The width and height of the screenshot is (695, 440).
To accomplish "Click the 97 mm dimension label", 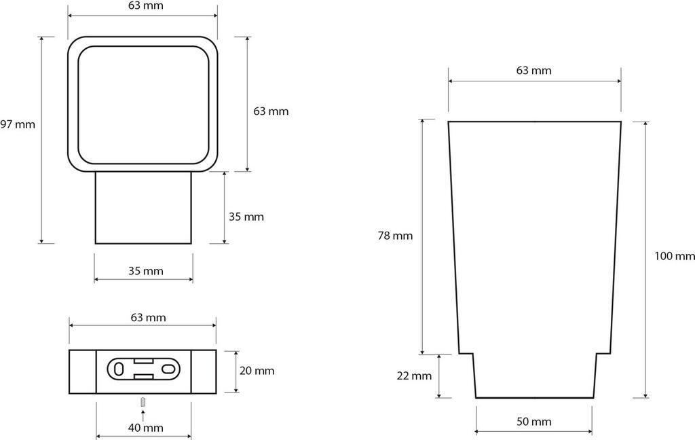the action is [x=17, y=125].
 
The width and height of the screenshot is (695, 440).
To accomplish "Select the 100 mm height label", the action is [x=675, y=256].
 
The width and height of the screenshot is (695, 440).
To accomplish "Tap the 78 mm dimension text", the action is [x=395, y=236].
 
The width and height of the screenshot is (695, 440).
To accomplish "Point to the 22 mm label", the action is [x=414, y=376].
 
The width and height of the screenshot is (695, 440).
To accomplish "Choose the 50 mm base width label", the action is [x=534, y=422].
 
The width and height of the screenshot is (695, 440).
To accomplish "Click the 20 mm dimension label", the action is [x=257, y=371].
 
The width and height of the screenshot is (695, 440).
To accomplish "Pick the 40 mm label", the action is [x=146, y=428].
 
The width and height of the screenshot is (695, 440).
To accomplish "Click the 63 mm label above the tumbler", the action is [x=533, y=71].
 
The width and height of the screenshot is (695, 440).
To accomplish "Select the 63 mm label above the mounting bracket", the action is [x=149, y=318].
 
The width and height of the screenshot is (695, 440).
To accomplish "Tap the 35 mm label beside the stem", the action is [x=246, y=217].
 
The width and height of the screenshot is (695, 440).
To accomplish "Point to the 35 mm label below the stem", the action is [x=146, y=271].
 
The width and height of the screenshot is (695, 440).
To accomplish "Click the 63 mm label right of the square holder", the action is [x=271, y=111].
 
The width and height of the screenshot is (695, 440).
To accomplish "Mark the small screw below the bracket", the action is [x=143, y=403].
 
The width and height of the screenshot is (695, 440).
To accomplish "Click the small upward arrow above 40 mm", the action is [x=143, y=416].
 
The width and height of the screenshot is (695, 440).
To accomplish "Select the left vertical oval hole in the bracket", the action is [x=119, y=369].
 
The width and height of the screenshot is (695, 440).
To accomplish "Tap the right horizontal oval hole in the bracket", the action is [x=168, y=369].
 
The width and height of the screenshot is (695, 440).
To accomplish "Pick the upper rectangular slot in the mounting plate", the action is [x=143, y=361].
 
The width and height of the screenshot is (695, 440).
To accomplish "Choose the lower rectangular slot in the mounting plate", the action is [x=143, y=377].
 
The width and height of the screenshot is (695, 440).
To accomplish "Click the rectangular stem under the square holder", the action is [x=144, y=208].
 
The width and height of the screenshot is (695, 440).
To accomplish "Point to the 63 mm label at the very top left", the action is [x=145, y=5].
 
